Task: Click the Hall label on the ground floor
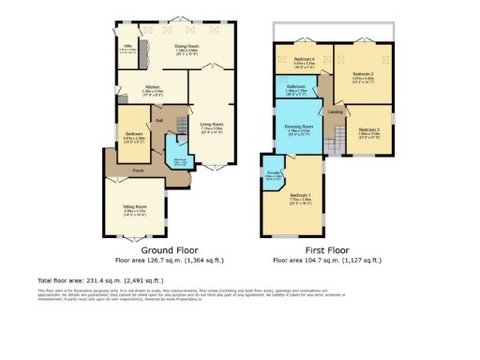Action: click(159, 119)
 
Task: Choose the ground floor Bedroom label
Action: click(134, 134)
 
